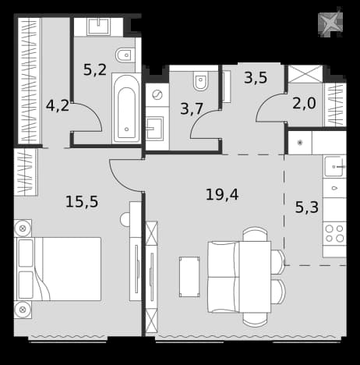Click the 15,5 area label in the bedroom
82,202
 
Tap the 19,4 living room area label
222,194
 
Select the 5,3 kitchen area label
307,207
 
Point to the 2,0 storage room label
304,103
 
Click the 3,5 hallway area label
256,77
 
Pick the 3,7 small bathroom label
192,108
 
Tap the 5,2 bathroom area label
95,69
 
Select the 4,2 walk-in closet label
58,105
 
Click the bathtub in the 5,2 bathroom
126,108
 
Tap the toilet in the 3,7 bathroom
201,80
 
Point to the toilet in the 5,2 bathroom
125,55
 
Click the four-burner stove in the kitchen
334,233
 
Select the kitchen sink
334,166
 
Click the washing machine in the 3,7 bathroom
157,95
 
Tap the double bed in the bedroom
58,269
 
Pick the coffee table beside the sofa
189,277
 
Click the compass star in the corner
330,23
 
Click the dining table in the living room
255,277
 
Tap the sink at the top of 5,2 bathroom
98,27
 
